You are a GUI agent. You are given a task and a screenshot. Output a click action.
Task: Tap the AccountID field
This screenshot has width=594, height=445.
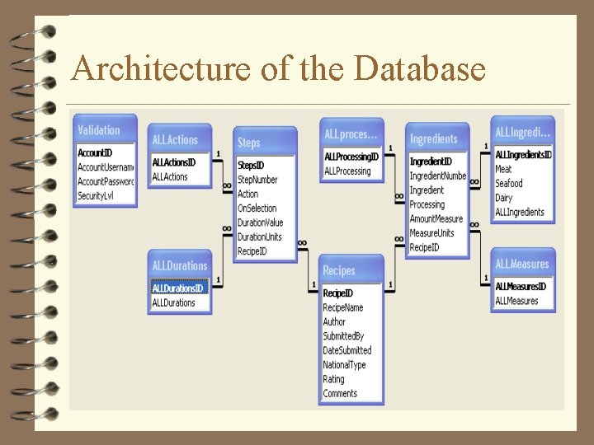pyautogui.click(x=95, y=152)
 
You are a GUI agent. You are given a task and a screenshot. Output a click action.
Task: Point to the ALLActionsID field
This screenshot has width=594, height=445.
pyautogui.click(x=175, y=162)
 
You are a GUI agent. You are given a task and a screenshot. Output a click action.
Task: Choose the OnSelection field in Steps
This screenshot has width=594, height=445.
pyautogui.click(x=257, y=208)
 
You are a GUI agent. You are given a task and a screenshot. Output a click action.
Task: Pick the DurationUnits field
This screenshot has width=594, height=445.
pyautogui.click(x=260, y=237)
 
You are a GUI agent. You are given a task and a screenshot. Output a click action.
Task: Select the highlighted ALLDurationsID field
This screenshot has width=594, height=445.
pyautogui.click(x=177, y=288)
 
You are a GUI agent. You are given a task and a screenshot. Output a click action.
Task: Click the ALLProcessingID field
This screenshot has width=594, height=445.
pyautogui.click(x=351, y=157)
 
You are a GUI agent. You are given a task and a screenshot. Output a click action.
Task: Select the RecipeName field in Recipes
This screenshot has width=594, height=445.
pyautogui.click(x=343, y=307)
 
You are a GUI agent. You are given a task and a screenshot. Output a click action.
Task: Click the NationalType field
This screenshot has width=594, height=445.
pyautogui.click(x=344, y=365)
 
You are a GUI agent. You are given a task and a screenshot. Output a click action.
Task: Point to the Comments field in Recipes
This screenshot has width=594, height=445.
pyautogui.click(x=340, y=394)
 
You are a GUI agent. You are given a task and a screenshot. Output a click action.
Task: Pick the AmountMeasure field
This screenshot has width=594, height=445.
pyautogui.click(x=436, y=219)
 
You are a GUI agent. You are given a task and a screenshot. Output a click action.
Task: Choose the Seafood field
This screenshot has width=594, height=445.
pyautogui.click(x=509, y=184)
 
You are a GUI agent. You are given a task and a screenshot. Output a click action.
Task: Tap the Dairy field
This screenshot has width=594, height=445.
pyautogui.click(x=504, y=198)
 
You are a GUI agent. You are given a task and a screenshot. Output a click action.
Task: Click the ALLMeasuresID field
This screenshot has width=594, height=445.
pyautogui.click(x=520, y=287)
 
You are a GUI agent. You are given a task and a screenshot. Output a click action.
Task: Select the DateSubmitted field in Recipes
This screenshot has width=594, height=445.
pyautogui.click(x=347, y=350)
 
